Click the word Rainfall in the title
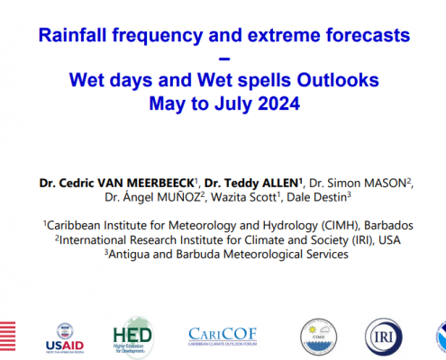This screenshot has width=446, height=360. click(72, 35)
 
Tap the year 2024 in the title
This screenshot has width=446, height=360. click(278, 103)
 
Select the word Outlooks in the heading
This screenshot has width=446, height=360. click(338, 80)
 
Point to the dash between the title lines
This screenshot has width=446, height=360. click(224, 58)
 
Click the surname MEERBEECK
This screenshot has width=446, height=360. click(160, 183)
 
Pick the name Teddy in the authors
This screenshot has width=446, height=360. click(241, 183)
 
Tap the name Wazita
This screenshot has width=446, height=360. click(229, 197)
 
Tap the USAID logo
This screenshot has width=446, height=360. click(65, 338)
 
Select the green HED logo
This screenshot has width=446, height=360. click(132, 337)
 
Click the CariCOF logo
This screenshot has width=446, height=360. click(223, 337)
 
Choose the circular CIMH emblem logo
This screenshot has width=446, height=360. click(319, 337)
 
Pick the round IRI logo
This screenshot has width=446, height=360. click(384, 337)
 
